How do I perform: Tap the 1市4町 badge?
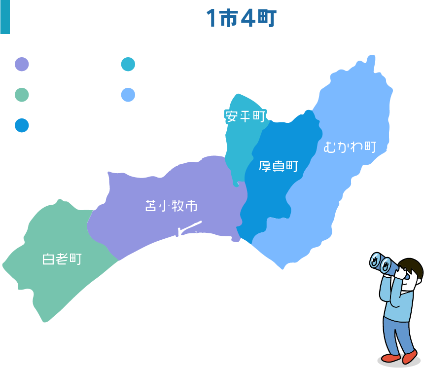coord(242,18)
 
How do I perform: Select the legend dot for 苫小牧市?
coord(22,65)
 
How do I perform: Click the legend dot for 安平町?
coord(128,65)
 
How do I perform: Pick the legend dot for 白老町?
coord(22,95)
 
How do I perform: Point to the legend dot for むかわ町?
coord(128,95)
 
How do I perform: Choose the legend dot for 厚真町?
coord(22,125)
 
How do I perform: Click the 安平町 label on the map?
coord(245,116)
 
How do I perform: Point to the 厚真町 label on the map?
coord(279,166)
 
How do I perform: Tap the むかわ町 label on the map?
coord(350,147)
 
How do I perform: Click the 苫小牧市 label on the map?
coord(171,206)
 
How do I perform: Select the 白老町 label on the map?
coord(62,259)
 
